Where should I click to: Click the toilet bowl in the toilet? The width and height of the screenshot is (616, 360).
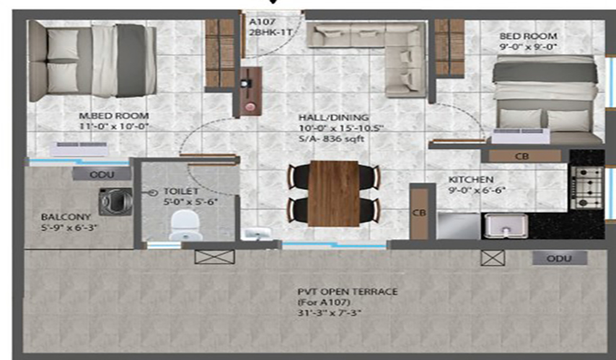pyautogui.click(x=185, y=225)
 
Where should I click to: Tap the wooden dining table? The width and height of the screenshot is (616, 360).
pyautogui.click(x=334, y=193)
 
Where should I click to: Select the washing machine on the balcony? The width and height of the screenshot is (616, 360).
pyautogui.click(x=115, y=201)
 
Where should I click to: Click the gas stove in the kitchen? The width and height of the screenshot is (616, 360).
pyautogui.click(x=587, y=188)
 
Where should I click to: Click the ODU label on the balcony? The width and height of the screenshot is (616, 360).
pyautogui.click(x=102, y=175)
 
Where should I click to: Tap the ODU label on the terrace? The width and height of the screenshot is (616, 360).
pyautogui.click(x=559, y=258)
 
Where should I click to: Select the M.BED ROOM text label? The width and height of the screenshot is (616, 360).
pyautogui.click(x=114, y=116)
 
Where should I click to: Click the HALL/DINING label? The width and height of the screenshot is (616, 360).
pyautogui.click(x=333, y=118)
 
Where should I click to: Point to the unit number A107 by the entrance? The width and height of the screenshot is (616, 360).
pyautogui.click(x=262, y=22)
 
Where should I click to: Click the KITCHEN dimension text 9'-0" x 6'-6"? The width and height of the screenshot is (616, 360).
pyautogui.click(x=477, y=190)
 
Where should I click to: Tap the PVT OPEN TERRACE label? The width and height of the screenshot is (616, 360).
pyautogui.click(x=347, y=291)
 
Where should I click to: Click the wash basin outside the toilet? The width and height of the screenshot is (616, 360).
pyautogui.click(x=257, y=234)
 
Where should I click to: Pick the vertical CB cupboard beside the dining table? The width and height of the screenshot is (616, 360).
pyautogui.click(x=419, y=213)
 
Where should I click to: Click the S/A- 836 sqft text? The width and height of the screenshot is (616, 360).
pyautogui.click(x=332, y=139)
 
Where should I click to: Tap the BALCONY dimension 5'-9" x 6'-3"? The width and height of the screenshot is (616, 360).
pyautogui.click(x=69, y=227)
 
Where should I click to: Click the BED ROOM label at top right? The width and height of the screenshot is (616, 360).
pyautogui.click(x=528, y=36)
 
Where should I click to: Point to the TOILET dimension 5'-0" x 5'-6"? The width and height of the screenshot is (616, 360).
pyautogui.click(x=190, y=202)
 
